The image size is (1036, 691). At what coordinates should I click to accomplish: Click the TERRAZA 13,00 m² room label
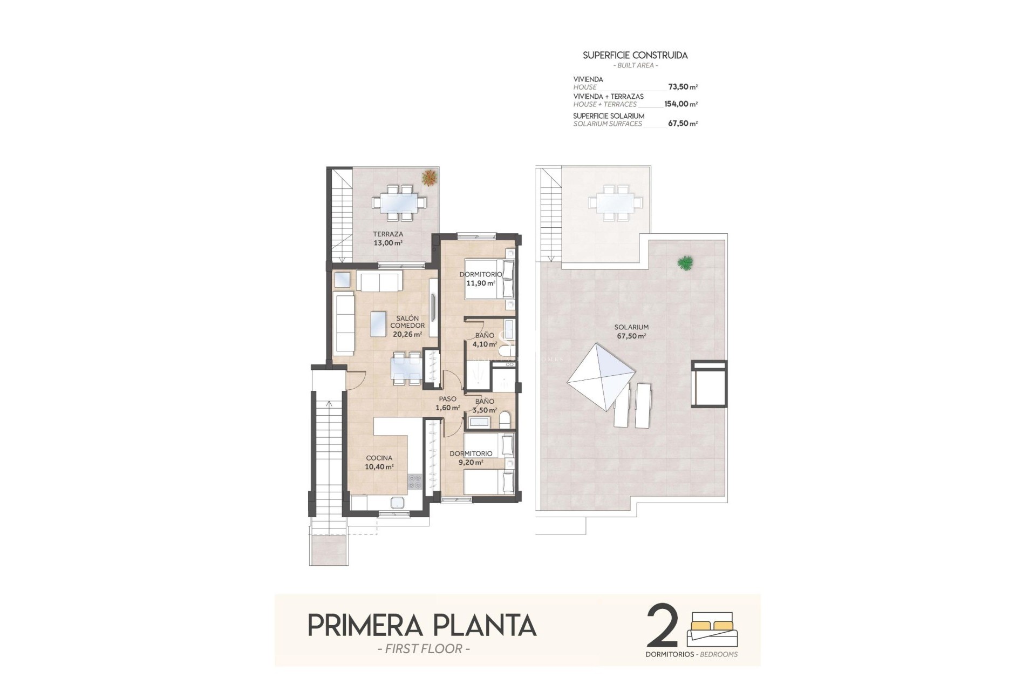tap(388, 239)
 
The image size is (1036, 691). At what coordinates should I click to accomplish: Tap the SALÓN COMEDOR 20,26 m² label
tap(407, 326)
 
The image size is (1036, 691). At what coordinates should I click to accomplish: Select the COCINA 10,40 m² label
tap(379, 463)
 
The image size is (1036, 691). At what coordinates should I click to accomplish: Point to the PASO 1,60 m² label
tap(447, 403)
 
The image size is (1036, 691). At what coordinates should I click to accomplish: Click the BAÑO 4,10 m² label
tap(485, 340)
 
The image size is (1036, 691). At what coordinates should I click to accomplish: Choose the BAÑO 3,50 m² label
tap(485, 405)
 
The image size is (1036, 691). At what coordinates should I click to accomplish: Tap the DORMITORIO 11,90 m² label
tap(480, 279)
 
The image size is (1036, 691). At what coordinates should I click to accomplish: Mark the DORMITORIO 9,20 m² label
tap(471, 458)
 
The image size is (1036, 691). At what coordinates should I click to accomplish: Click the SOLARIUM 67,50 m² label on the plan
tap(631, 331)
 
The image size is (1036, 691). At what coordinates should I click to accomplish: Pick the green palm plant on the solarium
tap(685, 263)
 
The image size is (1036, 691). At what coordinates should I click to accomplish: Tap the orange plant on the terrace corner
tap(430, 178)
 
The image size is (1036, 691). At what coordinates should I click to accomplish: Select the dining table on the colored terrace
tap(399, 203)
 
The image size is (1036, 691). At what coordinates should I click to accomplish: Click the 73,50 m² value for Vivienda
tap(683, 86)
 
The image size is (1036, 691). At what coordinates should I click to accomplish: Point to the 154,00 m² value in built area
tap(680, 104)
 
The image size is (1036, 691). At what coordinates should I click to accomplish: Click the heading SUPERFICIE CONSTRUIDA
tap(635, 55)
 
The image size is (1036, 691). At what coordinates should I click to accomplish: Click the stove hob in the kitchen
tap(414, 481)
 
